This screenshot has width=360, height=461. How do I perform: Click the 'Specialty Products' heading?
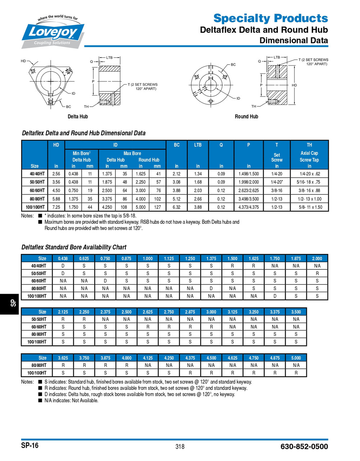pos(270,18)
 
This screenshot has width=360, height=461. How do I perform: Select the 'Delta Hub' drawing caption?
pos(78,116)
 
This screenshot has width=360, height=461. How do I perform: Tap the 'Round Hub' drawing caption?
pos(246,116)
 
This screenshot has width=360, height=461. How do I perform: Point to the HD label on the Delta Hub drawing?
pos(23,61)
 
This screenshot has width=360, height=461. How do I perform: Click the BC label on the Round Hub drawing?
pos(233,65)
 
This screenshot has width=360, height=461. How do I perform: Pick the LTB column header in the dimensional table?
pos(198,145)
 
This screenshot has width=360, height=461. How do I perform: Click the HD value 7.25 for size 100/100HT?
pos(56,207)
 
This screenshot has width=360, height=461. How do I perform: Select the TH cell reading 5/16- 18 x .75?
pos(309,182)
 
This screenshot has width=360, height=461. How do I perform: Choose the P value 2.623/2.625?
pos(248,191)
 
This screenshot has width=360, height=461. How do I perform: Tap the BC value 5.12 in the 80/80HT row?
pos(176,199)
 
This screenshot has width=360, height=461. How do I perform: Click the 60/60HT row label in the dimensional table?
pos(35,191)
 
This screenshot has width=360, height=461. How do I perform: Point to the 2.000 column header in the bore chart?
pos(317,259)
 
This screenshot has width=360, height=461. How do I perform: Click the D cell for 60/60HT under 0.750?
pos(105,281)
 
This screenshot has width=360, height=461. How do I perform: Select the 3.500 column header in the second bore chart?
pos(296,312)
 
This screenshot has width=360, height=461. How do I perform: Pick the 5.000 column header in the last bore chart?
pos(296,358)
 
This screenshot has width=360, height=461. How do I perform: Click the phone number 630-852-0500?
pos(304,447)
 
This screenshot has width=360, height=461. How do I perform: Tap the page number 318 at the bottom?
pos(180,447)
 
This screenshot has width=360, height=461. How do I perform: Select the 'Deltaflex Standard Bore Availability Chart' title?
pos(74,247)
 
